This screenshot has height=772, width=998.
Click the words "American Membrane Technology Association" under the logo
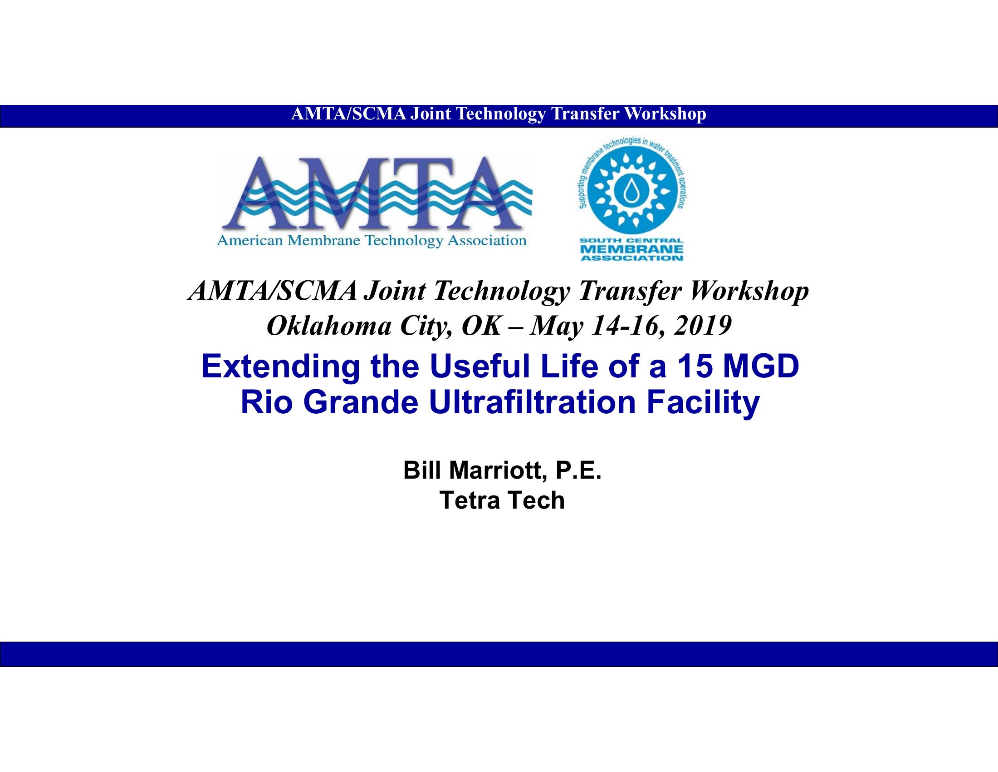(372, 241)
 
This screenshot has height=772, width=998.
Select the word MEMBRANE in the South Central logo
(631, 250)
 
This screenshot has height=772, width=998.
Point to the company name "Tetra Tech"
(502, 500)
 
